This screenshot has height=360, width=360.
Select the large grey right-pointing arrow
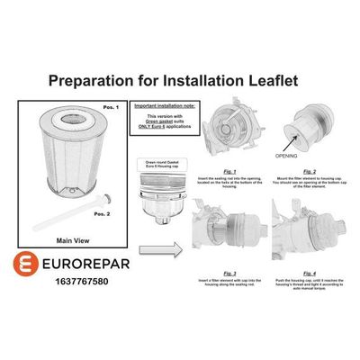coord(161,244)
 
